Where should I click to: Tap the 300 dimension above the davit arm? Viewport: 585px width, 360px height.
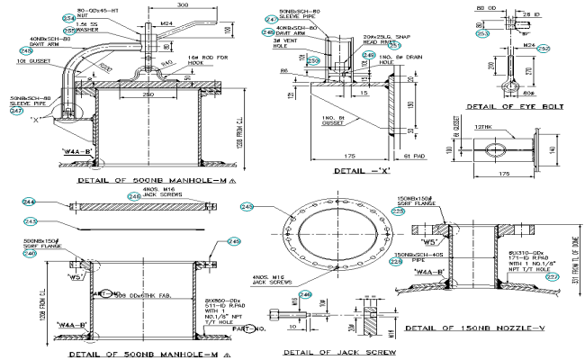pyautogui.click(x=183, y=6)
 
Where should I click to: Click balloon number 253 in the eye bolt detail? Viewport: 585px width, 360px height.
pyautogui.click(x=482, y=33)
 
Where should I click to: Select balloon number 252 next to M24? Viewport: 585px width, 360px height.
pyautogui.click(x=568, y=48)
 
